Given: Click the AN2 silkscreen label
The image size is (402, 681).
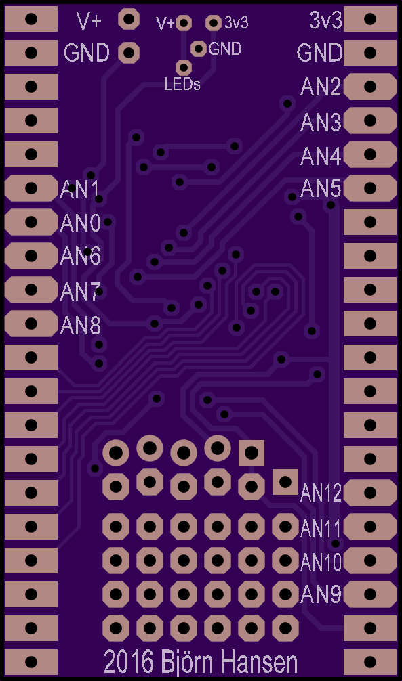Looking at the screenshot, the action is [x=321, y=88].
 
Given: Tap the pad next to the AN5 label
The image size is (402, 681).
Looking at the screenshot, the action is [x=370, y=188].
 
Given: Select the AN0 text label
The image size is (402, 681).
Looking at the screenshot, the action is [x=81, y=223].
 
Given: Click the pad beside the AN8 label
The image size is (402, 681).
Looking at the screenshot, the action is [x=31, y=324].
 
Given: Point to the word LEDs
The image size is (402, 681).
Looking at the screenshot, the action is [x=182, y=84].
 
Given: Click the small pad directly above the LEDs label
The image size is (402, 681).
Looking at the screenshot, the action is [x=184, y=67].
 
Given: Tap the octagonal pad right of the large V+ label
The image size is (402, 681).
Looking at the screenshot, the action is [x=128, y=19].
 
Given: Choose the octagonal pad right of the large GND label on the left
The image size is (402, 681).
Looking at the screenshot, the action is [x=128, y=53].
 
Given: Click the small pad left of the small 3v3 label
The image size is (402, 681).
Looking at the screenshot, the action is [x=213, y=22].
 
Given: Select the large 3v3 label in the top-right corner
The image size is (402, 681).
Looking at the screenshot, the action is [x=326, y=20].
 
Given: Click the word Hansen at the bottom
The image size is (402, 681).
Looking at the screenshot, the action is [x=260, y=663].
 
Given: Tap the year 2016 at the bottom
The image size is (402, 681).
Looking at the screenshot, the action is [x=129, y=663].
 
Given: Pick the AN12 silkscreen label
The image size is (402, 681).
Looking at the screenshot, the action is [x=321, y=493].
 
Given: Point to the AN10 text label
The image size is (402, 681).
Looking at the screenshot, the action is [x=321, y=563].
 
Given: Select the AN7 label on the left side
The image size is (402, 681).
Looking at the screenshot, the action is [x=81, y=292].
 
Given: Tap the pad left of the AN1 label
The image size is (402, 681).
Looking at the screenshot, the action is [x=31, y=188].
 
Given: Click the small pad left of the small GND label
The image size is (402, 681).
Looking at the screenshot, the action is [x=199, y=49].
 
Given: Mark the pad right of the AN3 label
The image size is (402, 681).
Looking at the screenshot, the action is [x=370, y=120].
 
